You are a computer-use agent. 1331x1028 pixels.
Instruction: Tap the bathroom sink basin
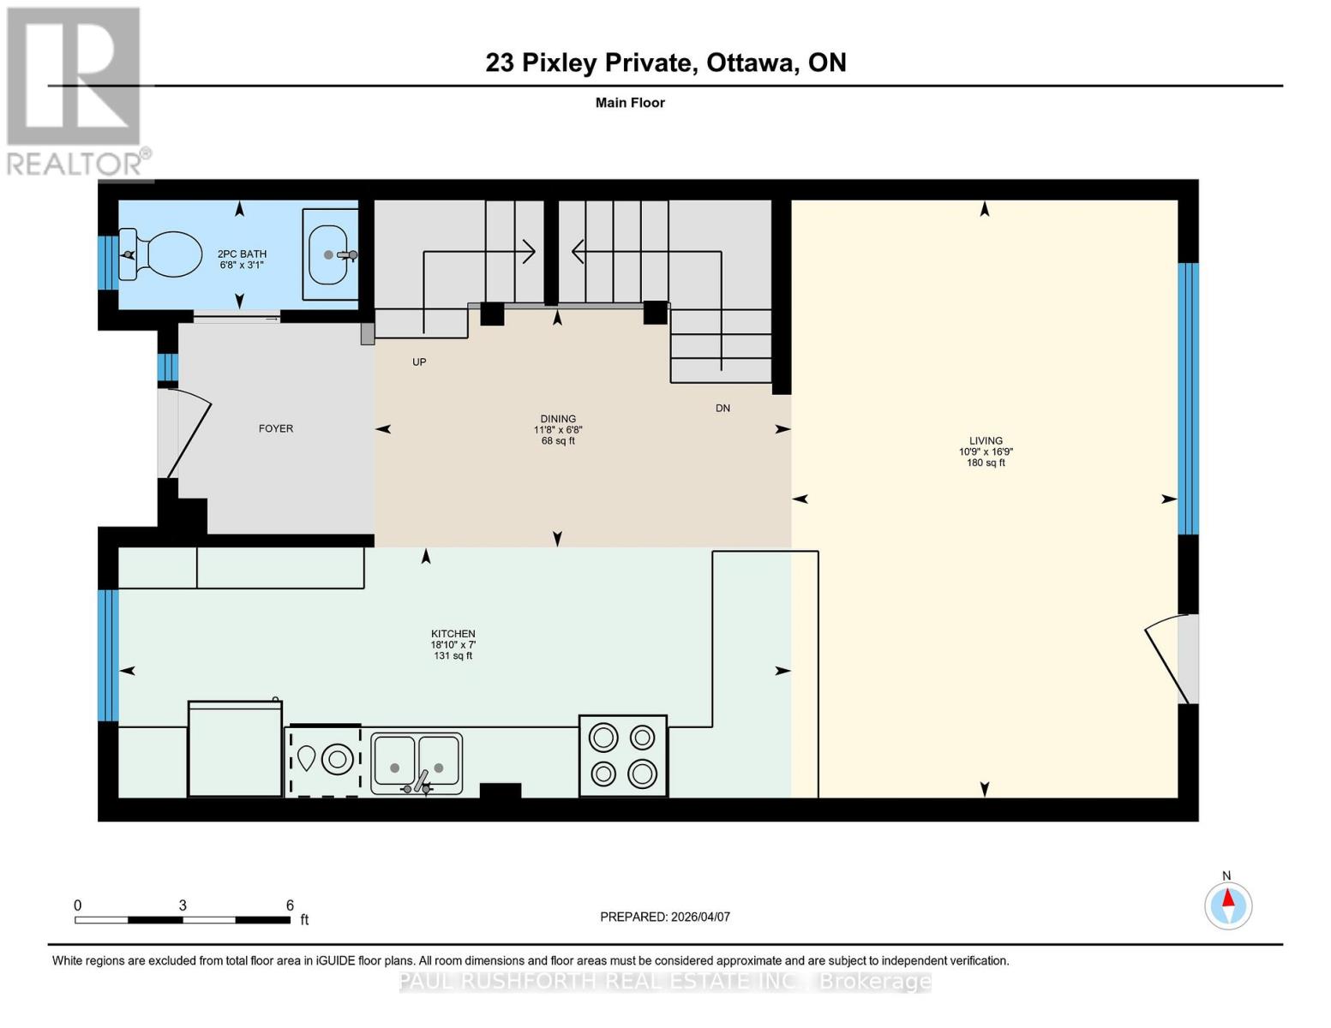pyautogui.click(x=330, y=254)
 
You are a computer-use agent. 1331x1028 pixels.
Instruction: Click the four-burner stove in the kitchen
pyautogui.click(x=623, y=756)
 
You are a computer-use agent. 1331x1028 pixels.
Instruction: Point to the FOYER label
pyautogui.click(x=276, y=428)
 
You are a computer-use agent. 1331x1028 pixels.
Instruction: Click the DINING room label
pyautogui.click(x=558, y=419)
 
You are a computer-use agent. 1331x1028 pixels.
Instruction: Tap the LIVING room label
pyautogui.click(x=986, y=440)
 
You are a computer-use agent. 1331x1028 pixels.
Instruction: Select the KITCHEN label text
pyautogui.click(x=453, y=634)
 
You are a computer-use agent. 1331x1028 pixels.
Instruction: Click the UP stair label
pyautogui.click(x=419, y=362)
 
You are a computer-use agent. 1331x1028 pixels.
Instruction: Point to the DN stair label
pyautogui.click(x=722, y=409)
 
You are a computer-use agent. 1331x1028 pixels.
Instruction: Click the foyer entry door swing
pyautogui.click(x=184, y=433)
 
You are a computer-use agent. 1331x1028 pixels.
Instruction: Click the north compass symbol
pyautogui.click(x=1228, y=905)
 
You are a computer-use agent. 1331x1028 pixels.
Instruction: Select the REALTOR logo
pyautogui.click(x=75, y=91)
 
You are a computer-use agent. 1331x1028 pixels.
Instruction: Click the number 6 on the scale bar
pyautogui.click(x=290, y=905)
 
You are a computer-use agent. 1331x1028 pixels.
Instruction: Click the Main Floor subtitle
pyautogui.click(x=630, y=103)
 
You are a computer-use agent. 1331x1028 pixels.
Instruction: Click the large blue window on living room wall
pyautogui.click(x=1188, y=398)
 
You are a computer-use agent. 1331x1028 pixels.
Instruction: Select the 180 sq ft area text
pyautogui.click(x=986, y=463)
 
